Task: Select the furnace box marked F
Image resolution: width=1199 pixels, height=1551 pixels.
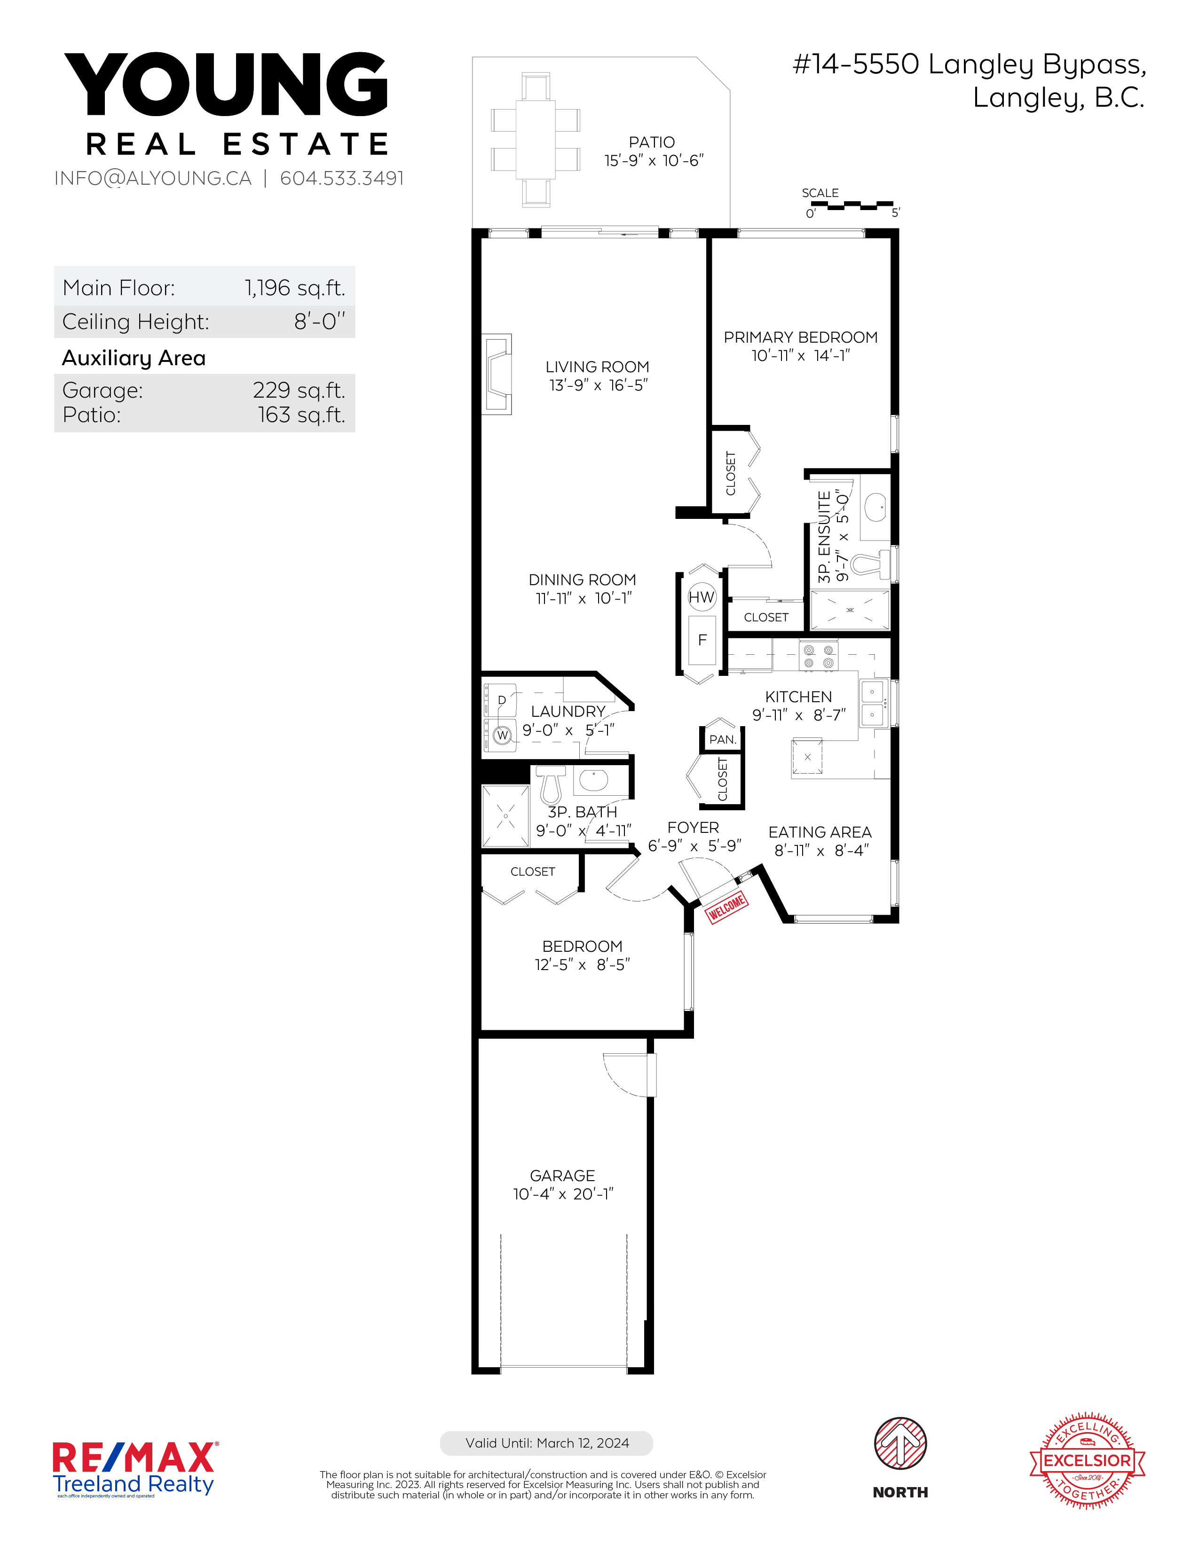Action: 702,640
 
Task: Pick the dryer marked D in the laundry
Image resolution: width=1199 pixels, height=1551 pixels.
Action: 500,701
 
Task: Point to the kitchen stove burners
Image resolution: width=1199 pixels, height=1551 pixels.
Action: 818,656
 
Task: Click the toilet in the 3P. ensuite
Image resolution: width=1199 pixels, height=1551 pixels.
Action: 870,564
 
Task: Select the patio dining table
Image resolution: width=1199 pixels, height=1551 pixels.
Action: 535,140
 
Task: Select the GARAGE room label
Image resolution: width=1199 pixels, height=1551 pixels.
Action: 562,1176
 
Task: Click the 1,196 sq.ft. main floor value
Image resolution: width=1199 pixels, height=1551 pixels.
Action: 295,288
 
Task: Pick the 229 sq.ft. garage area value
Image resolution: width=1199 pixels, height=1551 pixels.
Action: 299,390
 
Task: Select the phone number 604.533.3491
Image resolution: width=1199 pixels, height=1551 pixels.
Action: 342,178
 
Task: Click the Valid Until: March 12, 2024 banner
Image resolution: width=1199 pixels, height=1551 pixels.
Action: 546,1443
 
